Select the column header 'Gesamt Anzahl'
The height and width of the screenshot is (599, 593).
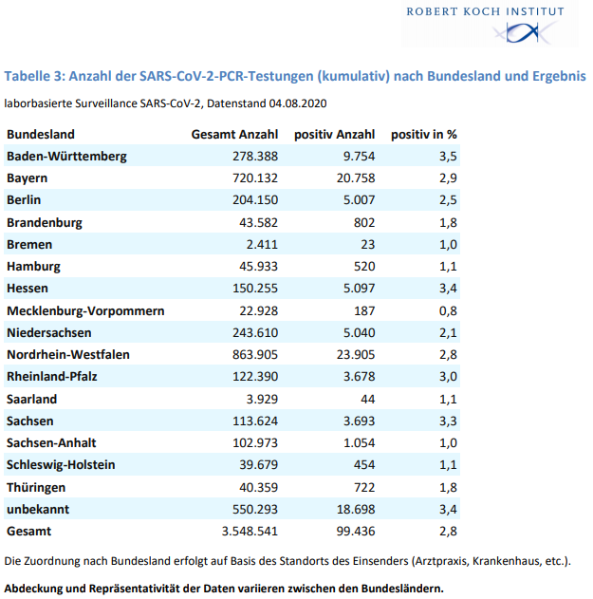click(234, 135)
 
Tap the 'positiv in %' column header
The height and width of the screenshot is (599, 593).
click(424, 135)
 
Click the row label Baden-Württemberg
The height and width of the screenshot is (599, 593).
click(66, 157)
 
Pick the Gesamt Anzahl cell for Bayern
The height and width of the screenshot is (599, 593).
click(255, 178)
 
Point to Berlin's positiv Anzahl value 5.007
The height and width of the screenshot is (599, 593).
click(359, 199)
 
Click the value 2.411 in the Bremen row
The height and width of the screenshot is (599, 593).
click(262, 245)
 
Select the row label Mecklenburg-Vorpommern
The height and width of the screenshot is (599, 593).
click(85, 311)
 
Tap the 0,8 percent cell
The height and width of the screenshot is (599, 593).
click(448, 311)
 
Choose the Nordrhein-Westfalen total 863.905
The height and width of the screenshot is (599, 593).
click(255, 354)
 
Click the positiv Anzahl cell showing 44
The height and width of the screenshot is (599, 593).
click(368, 400)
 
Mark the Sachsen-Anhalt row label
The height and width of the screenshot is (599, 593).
click(51, 442)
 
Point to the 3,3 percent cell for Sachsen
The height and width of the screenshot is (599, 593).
click(448, 421)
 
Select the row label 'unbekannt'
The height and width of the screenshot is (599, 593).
click(38, 509)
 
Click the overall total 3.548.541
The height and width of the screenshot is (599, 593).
click(250, 531)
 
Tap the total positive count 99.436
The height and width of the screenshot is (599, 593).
click(356, 531)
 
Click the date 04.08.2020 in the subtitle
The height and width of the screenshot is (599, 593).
click(298, 103)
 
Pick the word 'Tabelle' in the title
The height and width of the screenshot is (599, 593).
click(28, 76)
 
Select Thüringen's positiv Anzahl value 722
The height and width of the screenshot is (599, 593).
click(364, 487)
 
